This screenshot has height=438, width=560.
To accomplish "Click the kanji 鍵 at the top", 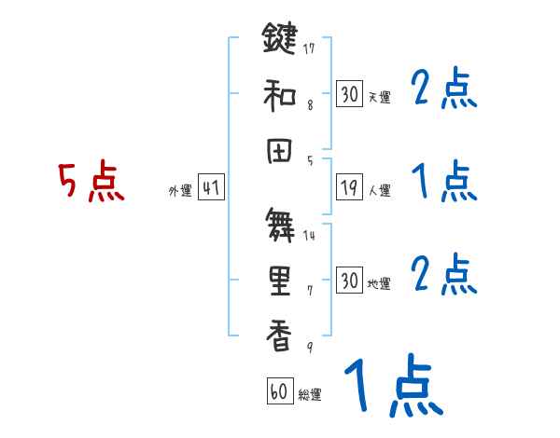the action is (278, 40).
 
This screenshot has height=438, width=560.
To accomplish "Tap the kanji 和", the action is (278, 93).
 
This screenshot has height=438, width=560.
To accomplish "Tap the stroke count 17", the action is (309, 49).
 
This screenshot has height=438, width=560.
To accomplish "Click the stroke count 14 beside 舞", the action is (309, 235).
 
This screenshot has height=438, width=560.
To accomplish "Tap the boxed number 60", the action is (279, 392).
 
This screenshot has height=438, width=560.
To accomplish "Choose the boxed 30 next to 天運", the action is (349, 94).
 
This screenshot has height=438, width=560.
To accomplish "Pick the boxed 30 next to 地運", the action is (349, 281).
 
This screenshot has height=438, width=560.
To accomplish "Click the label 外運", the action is (180, 190).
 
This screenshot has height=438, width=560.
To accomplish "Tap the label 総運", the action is (309, 395).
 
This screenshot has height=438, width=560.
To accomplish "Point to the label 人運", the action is (379, 190).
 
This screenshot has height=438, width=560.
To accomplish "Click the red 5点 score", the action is (90, 181).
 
